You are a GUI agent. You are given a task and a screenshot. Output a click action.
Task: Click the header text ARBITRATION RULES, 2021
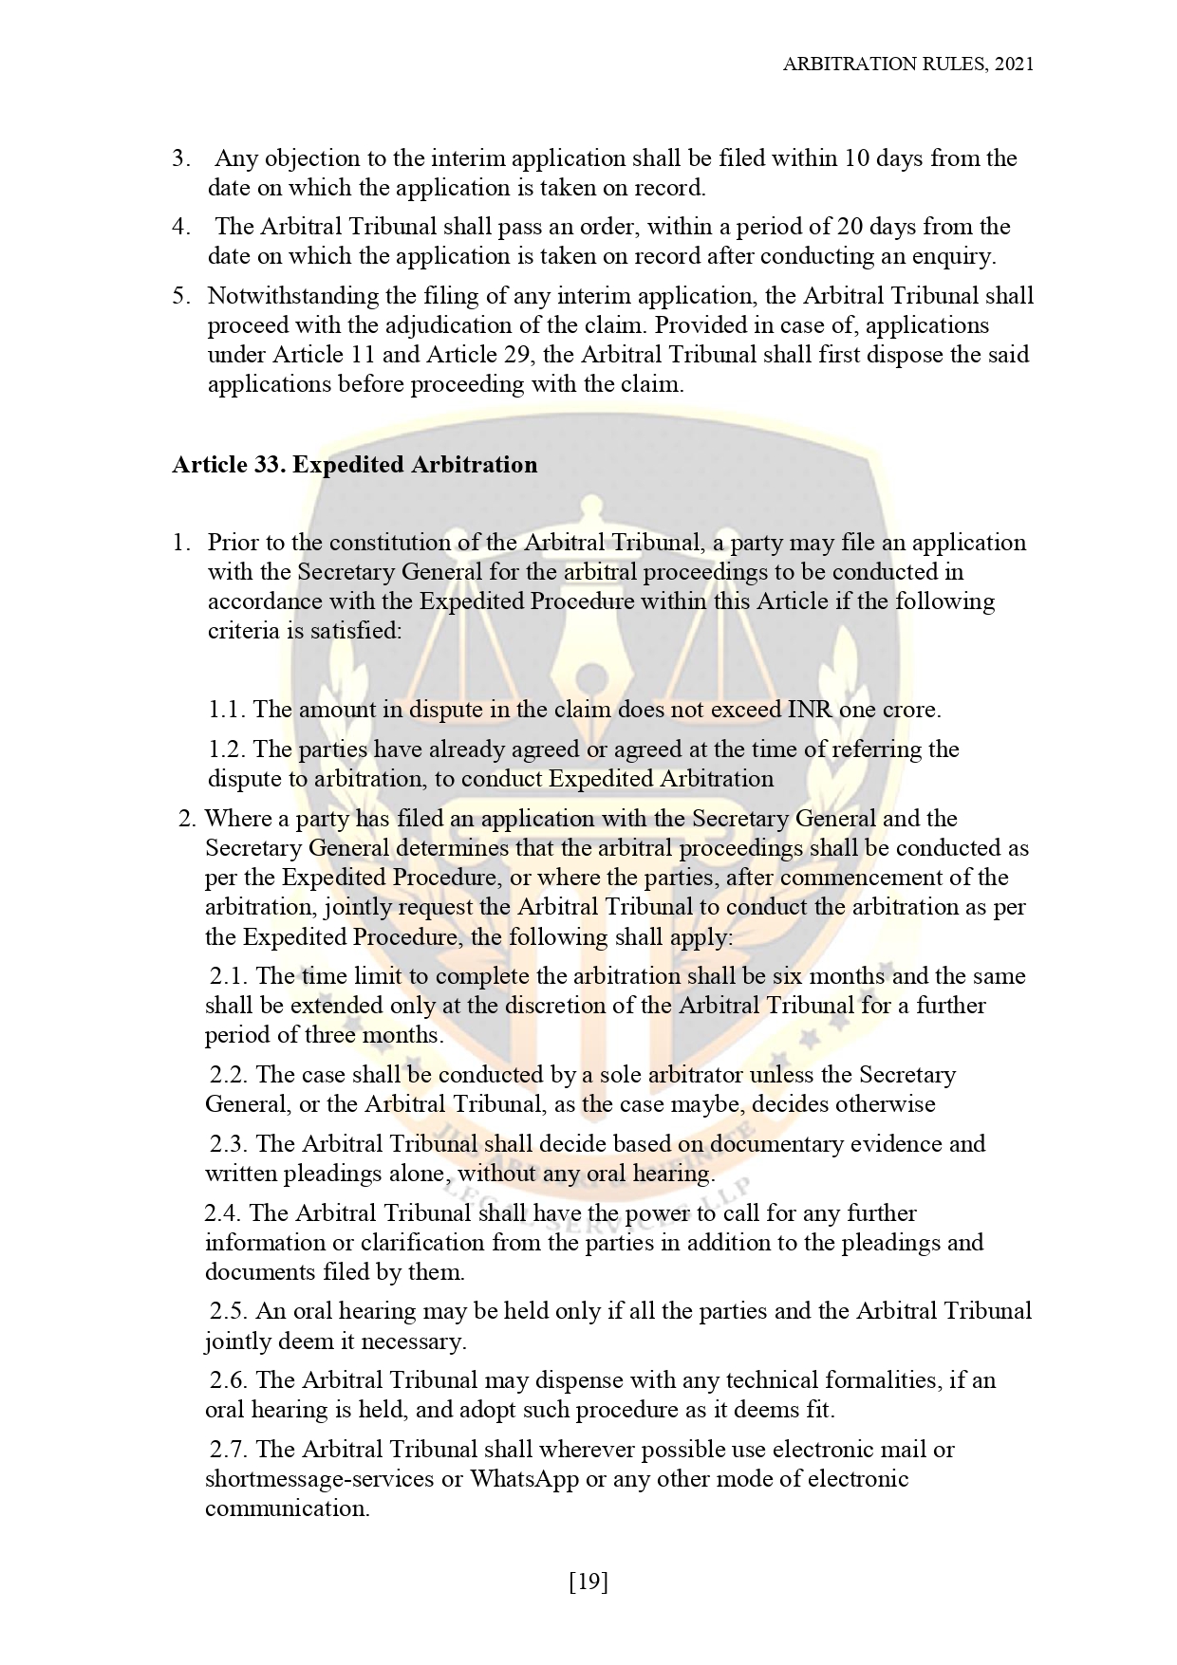point(907,64)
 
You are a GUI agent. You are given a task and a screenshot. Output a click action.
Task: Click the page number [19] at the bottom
point(588,1582)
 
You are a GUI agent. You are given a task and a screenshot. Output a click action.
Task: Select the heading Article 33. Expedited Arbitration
point(354,465)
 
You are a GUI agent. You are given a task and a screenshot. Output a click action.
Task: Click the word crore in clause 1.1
point(908,710)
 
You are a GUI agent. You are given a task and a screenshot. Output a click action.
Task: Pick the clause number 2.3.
point(229,1144)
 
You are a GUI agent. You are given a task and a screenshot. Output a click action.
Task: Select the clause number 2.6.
point(229,1380)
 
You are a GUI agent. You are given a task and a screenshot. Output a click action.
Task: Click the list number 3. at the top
point(182,158)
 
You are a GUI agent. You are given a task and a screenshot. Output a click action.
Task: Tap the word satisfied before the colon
point(355,631)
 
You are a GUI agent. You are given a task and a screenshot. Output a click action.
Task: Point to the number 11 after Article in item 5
point(361,355)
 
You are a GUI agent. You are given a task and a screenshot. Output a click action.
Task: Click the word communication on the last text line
point(287,1508)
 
